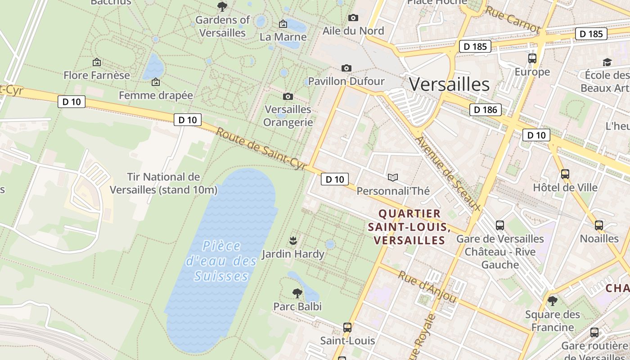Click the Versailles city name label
point(449,84)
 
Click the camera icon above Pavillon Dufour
point(346,68)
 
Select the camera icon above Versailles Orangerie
point(288,96)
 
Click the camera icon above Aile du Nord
point(353,18)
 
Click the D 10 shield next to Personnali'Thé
point(334,179)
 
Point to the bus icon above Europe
point(532,58)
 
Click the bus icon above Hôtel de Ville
point(565,174)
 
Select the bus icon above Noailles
point(599,225)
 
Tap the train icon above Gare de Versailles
point(500,225)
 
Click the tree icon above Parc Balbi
point(297,293)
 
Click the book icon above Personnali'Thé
point(393,178)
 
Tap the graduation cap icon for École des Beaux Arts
point(607,62)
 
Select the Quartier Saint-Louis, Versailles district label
point(409,227)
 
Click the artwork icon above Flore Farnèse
point(96,62)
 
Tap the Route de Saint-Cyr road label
point(261,149)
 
